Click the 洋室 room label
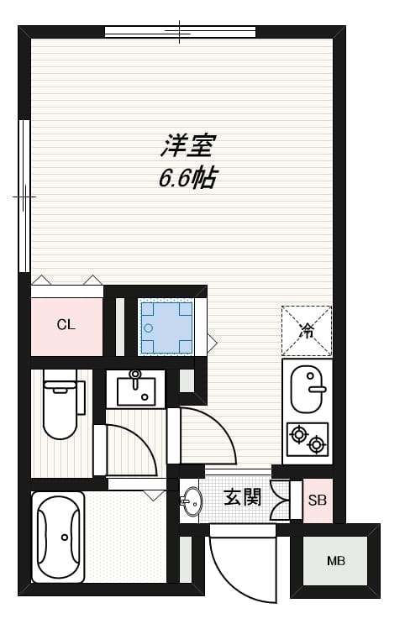[x=187, y=146]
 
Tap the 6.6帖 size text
[x=187, y=177]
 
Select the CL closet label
[x=66, y=325]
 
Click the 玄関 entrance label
[x=242, y=497]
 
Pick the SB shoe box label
[x=317, y=501]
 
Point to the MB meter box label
[x=335, y=561]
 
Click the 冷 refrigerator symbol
[x=307, y=330]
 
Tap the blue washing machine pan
[x=166, y=328]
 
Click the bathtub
[x=59, y=536]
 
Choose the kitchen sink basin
[x=308, y=390]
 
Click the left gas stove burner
[x=297, y=434]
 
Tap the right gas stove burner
[x=317, y=444]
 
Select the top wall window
[x=180, y=33]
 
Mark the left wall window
[x=24, y=196]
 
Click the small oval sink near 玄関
[x=192, y=501]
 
